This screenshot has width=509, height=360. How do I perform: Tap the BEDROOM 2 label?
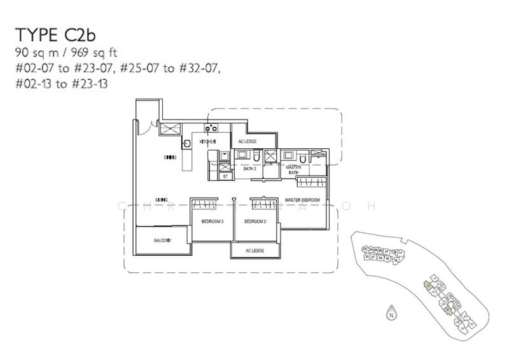254,221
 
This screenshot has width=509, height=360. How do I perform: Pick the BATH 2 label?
250,169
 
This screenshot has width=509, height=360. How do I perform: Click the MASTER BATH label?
293,169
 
